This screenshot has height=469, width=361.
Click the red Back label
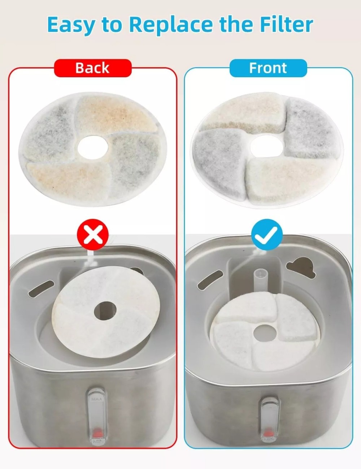[x=92, y=68]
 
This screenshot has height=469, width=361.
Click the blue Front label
[x=268, y=68]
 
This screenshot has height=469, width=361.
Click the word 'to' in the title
[x=112, y=25]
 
